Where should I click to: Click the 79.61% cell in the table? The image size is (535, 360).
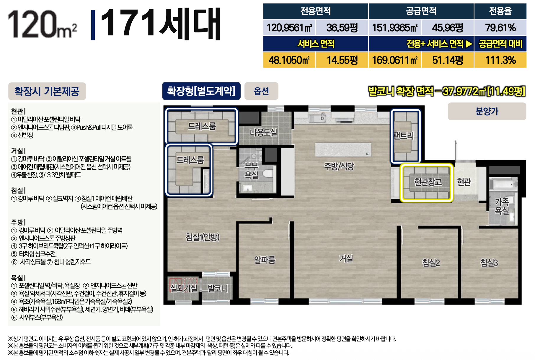(500, 28)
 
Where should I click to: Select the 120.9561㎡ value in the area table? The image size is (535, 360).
(289, 28)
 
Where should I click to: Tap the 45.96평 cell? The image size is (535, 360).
(448, 28)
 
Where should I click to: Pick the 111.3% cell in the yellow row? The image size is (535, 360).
(500, 60)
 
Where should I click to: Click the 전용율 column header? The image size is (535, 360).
(500, 11)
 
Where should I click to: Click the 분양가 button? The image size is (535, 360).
(487, 111)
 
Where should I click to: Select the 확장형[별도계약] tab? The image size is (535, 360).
(201, 91)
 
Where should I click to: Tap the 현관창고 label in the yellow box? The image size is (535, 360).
(428, 182)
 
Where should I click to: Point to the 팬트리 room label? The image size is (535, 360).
(404, 136)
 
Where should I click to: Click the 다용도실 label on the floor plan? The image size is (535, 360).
(263, 132)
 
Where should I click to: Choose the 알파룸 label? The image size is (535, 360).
(265, 260)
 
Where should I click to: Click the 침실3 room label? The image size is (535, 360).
(489, 262)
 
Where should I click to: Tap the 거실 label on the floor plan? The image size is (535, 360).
(346, 259)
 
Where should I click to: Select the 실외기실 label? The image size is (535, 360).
(183, 288)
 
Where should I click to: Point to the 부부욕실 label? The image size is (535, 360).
(251, 171)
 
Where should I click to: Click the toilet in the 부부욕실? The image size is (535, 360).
(268, 173)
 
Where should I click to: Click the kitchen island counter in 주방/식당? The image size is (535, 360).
(343, 150)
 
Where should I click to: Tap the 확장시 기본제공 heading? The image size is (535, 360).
(47, 91)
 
